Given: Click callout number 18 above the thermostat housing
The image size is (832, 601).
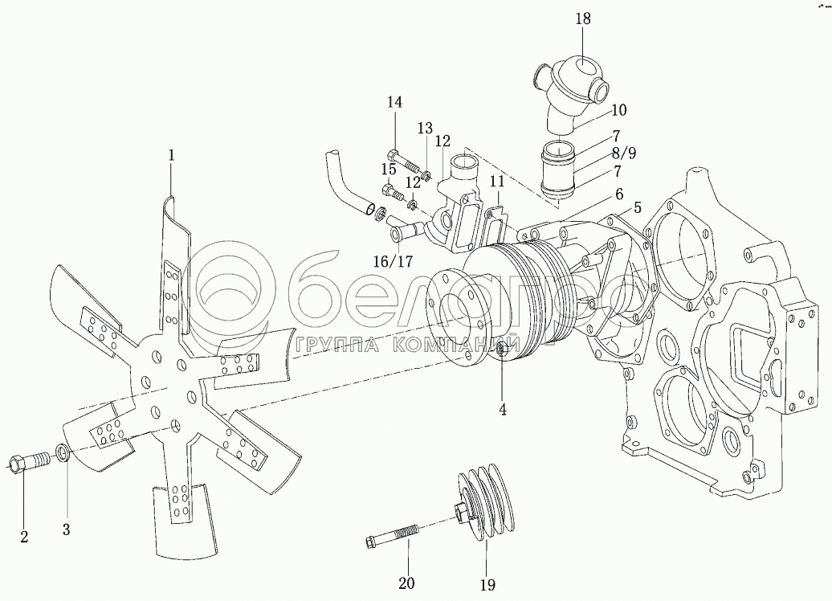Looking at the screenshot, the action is (x=582, y=18).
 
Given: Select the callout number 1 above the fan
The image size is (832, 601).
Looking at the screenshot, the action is (x=171, y=155).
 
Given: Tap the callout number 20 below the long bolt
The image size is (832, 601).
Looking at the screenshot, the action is (x=407, y=583).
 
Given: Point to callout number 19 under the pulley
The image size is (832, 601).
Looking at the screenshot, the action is (x=487, y=585).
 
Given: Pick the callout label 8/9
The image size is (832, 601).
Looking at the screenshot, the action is (x=624, y=153).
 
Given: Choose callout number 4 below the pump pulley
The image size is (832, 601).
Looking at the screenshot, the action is (x=502, y=409).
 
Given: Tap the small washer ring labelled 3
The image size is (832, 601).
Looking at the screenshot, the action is (x=63, y=453).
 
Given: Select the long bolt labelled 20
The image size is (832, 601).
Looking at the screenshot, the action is (x=392, y=534).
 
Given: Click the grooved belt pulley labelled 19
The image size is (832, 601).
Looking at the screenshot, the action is (x=484, y=503).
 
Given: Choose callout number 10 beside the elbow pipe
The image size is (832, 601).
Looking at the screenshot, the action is (x=618, y=110).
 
